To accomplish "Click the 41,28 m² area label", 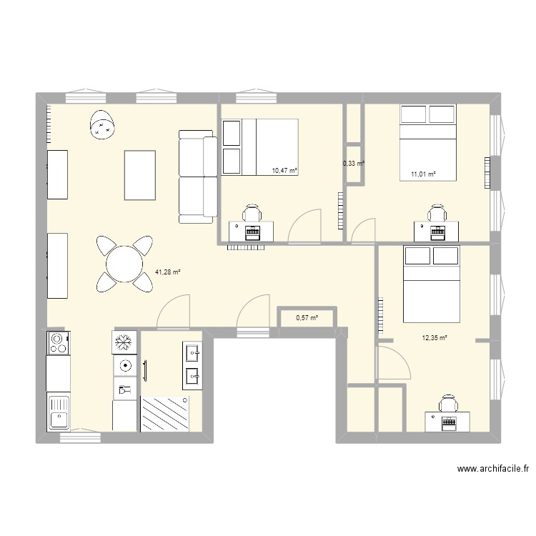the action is tap(167, 272).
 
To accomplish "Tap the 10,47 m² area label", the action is tap(284, 170).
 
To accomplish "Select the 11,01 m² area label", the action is tap(423, 174).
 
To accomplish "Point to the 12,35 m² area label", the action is tap(435, 338).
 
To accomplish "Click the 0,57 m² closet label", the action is tap(307, 318).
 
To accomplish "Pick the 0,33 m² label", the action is tap(354, 164).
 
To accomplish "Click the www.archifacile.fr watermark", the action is tap(493, 469).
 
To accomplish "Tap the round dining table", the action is tap(124, 264).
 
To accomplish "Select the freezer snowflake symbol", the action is tap(124, 342).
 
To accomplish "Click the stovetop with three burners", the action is tap(59, 343).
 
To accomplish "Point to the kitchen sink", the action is tap(59, 412).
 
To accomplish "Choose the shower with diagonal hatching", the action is tap(165, 414).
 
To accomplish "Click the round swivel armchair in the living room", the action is tap(102, 124).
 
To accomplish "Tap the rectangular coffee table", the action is tap(140, 175).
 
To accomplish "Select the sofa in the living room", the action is tap(198, 177).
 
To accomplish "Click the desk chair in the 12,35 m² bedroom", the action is tap(449, 403).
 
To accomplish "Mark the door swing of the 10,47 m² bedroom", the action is tap(304, 226).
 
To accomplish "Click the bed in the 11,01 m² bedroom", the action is tap(428, 142).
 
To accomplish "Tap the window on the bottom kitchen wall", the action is tap(80, 437).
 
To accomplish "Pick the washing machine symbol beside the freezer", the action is tap(126, 366).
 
